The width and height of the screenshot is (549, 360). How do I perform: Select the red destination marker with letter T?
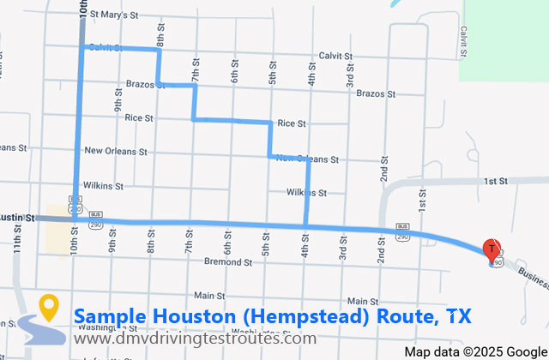coord(492,250)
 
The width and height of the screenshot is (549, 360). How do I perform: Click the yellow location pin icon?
coord(49,307)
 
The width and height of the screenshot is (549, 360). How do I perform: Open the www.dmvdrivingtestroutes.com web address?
coord(194,339)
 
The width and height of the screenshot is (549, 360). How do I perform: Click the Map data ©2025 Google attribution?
coord(474,351)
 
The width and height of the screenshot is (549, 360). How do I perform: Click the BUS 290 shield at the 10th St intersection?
coord(75,207)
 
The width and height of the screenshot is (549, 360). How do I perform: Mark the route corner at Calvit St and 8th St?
coord(159,50)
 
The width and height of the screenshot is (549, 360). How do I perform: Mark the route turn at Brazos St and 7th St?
coord(195,85)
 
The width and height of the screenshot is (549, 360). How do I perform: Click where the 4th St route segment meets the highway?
coord(306,226)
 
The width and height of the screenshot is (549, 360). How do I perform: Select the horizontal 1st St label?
coord(495,182)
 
